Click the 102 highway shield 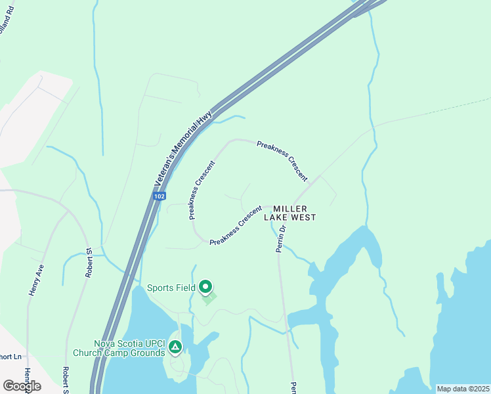click(x=161, y=196)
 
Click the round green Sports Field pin click(x=205, y=287)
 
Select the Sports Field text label click(x=171, y=288)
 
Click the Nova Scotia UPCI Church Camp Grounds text click(x=129, y=348)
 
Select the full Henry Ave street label click(x=35, y=280)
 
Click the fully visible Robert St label click(x=89, y=263)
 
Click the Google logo click(x=22, y=386)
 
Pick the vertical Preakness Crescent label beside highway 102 click(x=202, y=190)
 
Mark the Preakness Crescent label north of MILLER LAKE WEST click(x=282, y=160)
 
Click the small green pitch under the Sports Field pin click(x=209, y=299)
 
